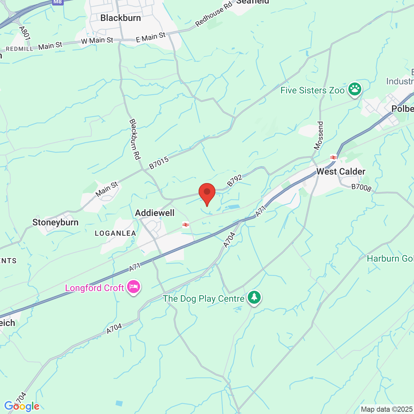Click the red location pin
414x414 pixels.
tap(207, 193)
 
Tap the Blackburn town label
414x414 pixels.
tap(120, 18)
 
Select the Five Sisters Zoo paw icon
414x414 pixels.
tap(355, 89)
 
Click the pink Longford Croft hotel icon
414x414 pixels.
tap(134, 287)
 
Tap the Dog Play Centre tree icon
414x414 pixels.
tap(254, 297)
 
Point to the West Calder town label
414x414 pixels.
tap(341, 171)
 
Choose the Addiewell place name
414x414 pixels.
tap(155, 213)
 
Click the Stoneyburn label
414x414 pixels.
tap(55, 222)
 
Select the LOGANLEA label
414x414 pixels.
tap(115, 233)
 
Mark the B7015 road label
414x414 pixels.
tap(159, 163)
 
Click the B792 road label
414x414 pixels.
tap(234, 180)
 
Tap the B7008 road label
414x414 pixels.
tap(361, 187)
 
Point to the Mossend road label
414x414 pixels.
tap(319, 136)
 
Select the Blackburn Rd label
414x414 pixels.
tap(135, 139)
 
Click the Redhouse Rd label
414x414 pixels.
tap(214, 14)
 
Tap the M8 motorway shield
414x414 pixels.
tap(58, 2)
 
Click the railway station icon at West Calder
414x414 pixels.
tap(333, 158)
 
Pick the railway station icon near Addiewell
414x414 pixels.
tap(186, 224)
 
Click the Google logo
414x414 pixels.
tap(22, 406)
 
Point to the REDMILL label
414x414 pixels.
tap(19, 49)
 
